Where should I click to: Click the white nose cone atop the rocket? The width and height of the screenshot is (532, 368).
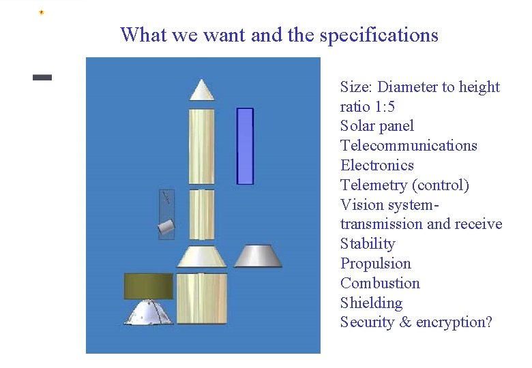202,91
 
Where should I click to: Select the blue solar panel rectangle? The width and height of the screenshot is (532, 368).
245,146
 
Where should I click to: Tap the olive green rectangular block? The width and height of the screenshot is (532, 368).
148,286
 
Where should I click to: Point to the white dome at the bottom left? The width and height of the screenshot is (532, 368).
149,313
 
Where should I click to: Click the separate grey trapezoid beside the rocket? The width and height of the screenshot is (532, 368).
258,256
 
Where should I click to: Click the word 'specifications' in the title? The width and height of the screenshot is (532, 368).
379,35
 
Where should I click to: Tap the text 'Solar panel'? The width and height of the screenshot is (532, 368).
376,126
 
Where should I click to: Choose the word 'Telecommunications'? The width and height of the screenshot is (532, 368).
409,146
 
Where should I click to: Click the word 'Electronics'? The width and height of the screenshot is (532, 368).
376,166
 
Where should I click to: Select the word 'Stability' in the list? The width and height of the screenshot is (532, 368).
368,244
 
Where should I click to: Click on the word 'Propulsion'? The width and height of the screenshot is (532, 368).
375,264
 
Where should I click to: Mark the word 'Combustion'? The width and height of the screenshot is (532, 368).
380,283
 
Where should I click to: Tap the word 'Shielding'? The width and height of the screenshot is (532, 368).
371,303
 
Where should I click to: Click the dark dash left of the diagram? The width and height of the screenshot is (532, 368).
42,78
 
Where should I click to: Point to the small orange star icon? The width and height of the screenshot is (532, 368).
42,12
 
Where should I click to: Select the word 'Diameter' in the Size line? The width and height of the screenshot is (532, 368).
407,87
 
